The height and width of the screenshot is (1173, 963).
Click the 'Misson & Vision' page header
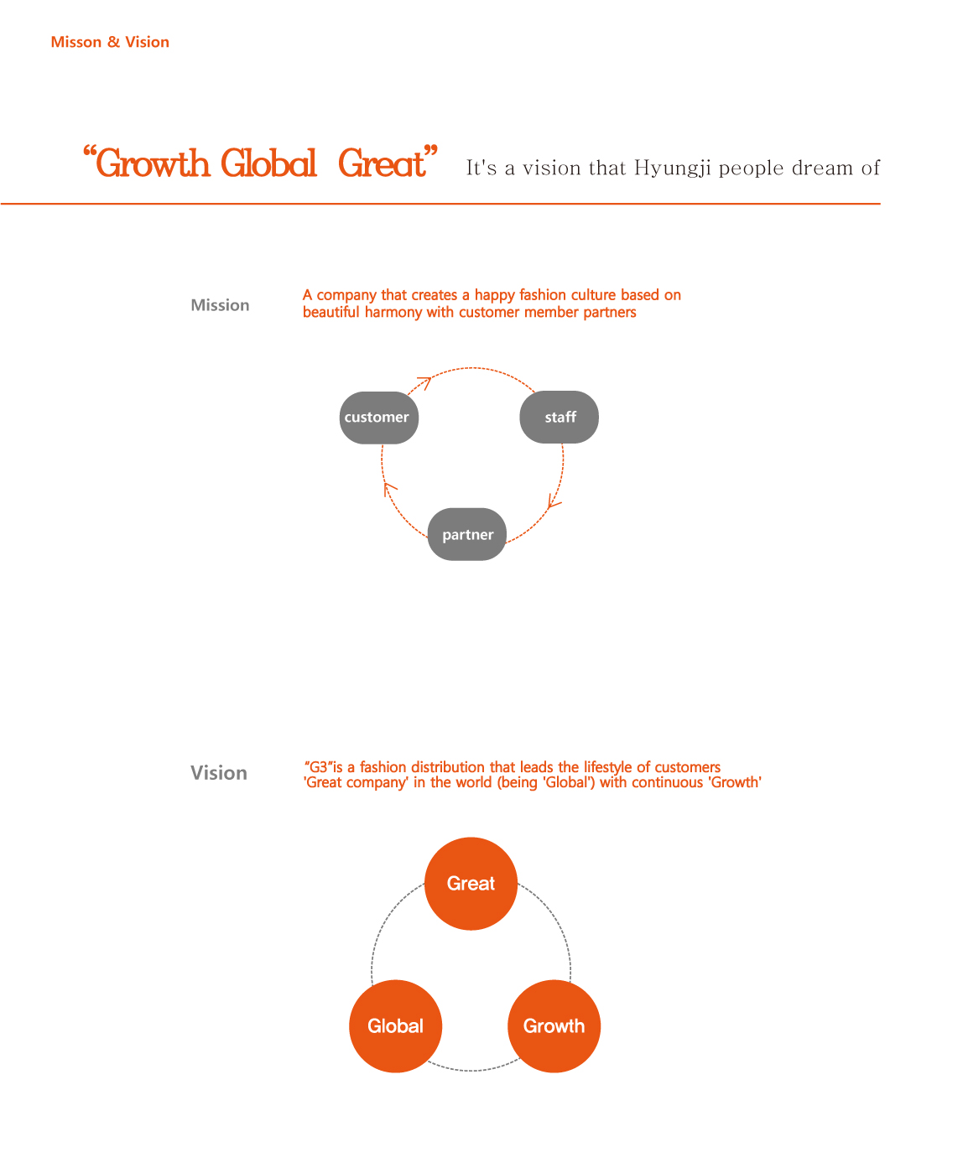click(x=110, y=42)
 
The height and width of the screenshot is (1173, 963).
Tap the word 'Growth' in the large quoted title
click(x=153, y=163)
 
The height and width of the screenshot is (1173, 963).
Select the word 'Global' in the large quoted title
click(x=268, y=163)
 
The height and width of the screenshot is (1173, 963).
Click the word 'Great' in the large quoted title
click(x=382, y=163)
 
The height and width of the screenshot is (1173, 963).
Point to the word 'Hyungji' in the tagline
click(x=673, y=168)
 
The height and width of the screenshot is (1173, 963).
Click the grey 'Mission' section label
click(x=220, y=305)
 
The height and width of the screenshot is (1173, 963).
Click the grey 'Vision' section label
click(x=219, y=772)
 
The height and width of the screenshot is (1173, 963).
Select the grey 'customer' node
click(x=378, y=418)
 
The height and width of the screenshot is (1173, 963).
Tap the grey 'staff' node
click(x=559, y=417)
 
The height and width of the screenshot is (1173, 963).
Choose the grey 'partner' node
click(x=466, y=534)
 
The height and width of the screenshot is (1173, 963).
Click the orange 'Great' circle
click(x=471, y=883)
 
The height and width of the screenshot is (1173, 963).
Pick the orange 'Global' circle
click(x=396, y=1025)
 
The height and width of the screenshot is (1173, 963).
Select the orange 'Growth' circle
click(x=554, y=1025)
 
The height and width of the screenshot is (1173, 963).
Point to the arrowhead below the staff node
click(x=553, y=501)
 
